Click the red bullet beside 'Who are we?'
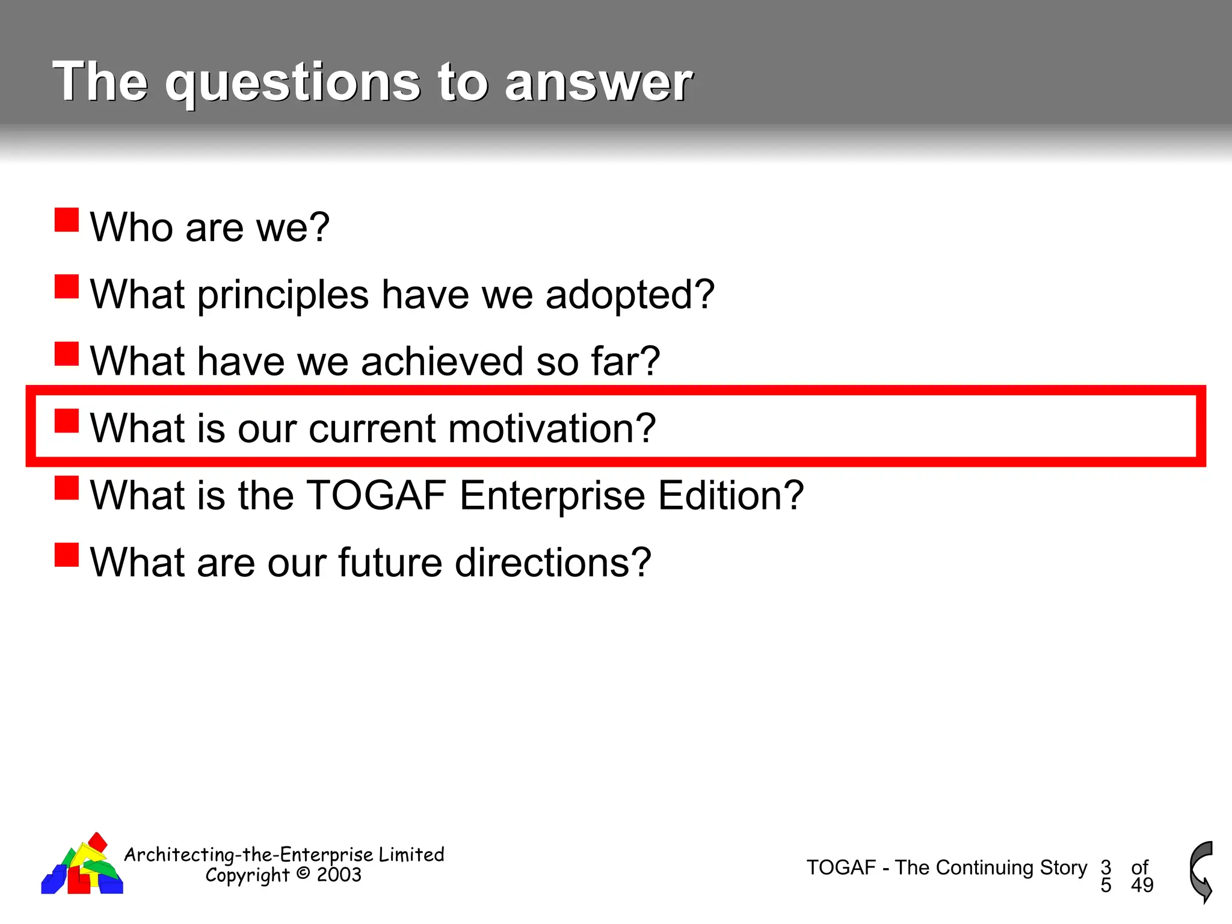(x=67, y=220)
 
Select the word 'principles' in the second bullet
(x=283, y=295)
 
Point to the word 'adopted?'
(x=630, y=295)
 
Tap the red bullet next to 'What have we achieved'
(x=67, y=354)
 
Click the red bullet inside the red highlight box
(x=67, y=421)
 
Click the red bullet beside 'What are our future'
(x=67, y=555)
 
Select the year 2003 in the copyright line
(x=339, y=875)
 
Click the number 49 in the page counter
(x=1142, y=885)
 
